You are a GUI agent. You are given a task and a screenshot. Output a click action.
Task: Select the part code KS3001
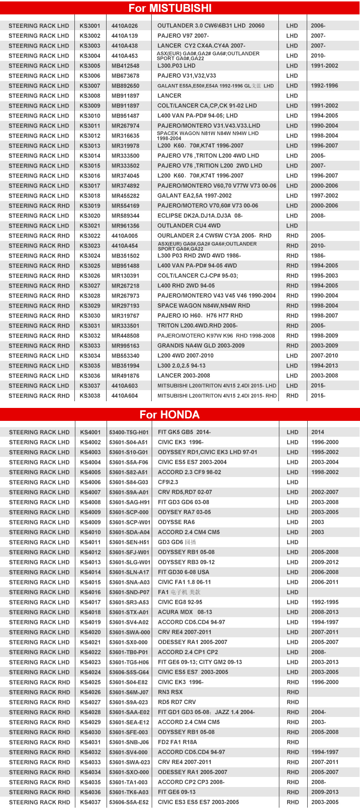pyautogui.click(x=90, y=26)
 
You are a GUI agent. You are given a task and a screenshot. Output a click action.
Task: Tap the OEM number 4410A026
pyautogui.click(x=124, y=26)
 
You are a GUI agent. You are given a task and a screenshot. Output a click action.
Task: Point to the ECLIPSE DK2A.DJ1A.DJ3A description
pyautogui.click(x=200, y=216)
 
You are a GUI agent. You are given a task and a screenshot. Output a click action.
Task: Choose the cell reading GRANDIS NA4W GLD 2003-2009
pyautogui.click(x=201, y=346)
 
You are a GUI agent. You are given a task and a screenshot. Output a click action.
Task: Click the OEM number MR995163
pyautogui.click(x=125, y=346)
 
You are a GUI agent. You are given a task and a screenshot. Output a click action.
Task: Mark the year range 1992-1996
pyautogui.click(x=324, y=86)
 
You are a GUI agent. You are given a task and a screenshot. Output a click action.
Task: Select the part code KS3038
pyautogui.click(x=90, y=396)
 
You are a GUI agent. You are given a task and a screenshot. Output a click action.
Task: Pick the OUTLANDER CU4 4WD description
pyautogui.click(x=189, y=226)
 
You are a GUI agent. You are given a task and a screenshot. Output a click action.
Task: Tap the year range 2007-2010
pyautogui.click(x=324, y=356)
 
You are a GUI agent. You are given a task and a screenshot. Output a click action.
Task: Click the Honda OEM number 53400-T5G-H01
pyautogui.click(x=129, y=432)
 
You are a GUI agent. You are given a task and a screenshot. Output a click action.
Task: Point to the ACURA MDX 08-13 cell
pyautogui.click(x=185, y=612)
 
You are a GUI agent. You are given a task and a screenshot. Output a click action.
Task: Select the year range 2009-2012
pyautogui.click(x=324, y=562)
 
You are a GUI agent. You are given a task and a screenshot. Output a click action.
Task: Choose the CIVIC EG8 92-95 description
pyautogui.click(x=180, y=602)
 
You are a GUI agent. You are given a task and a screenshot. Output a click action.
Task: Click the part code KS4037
pyautogui.click(x=90, y=802)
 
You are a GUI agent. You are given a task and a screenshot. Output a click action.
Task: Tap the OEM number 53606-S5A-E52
pyautogui.click(x=129, y=802)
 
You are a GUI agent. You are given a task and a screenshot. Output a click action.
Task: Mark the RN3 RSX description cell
pyautogui.click(x=170, y=692)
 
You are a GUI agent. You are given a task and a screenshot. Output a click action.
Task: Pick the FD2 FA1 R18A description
pyautogui.click(x=177, y=742)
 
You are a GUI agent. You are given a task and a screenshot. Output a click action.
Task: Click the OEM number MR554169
pyautogui.click(x=125, y=206)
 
